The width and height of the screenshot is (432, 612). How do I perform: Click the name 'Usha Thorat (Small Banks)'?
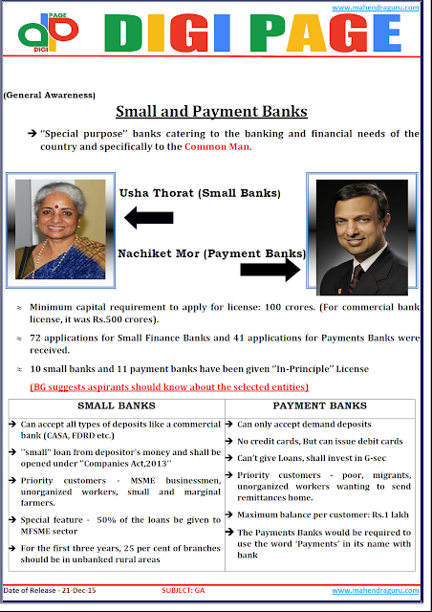pos(200,193)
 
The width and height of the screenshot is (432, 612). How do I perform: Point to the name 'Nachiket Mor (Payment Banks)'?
pos(211,253)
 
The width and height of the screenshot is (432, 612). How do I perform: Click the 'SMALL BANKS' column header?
pos(116,404)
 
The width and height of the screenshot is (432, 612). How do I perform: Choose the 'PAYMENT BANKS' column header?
pos(320,404)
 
